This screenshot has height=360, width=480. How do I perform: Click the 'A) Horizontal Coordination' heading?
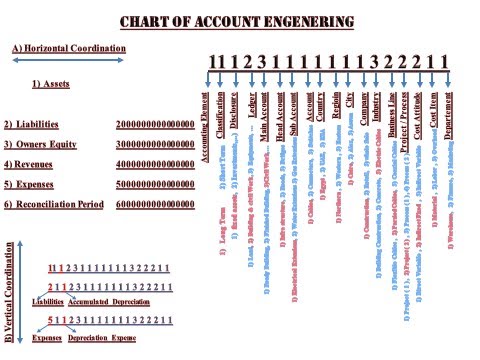tap(68, 48)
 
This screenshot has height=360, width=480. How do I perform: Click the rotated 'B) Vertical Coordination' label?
tap(9, 289)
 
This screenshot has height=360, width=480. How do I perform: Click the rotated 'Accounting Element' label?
tap(203, 121)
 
